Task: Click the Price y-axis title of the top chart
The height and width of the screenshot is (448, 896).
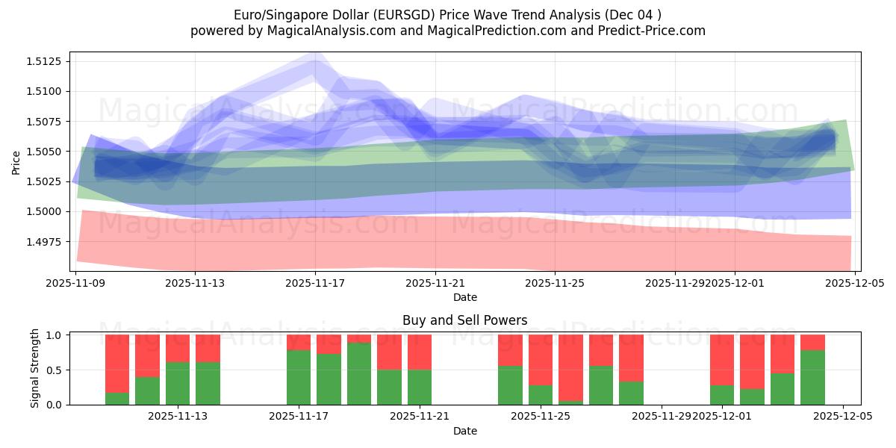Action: (16, 161)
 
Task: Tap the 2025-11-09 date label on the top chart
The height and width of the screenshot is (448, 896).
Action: (75, 283)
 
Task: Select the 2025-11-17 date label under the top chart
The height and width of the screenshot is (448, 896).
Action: (315, 283)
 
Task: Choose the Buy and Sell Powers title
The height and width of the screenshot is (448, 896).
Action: (464, 320)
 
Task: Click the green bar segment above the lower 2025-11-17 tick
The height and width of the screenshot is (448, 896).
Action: (299, 377)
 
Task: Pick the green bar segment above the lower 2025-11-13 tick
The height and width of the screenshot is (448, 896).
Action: (178, 383)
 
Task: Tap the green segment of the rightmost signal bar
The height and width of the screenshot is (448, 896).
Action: (812, 377)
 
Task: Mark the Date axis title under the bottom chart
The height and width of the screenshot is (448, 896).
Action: (464, 431)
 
